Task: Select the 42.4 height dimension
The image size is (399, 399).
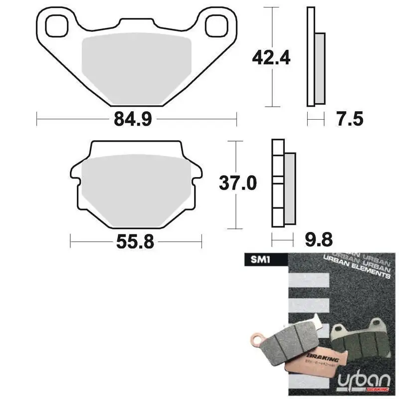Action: tap(271, 58)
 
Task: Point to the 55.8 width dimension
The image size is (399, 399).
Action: tap(135, 243)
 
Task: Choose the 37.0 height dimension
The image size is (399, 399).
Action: tap(238, 184)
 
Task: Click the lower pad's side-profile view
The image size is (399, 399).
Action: tap(282, 185)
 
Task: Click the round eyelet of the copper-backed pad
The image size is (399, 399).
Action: tap(256, 340)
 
